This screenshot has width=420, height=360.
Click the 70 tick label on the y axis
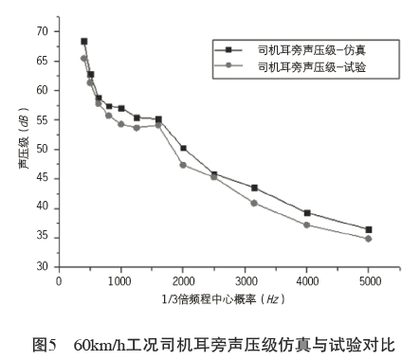click(40, 31)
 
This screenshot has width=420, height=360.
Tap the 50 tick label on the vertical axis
click(40, 150)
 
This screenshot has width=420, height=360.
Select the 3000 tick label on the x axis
click(245, 281)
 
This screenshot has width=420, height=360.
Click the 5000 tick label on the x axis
click(369, 281)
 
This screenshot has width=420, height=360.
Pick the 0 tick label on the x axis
click(59, 281)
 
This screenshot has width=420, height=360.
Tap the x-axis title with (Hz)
click(214, 298)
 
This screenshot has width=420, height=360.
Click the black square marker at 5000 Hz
click(369, 229)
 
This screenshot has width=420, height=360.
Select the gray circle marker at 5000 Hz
click(369, 239)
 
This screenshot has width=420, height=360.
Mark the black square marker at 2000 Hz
click(183, 149)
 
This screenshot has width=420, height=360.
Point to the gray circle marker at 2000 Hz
click(183, 165)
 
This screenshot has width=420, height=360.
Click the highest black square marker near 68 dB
click(84, 42)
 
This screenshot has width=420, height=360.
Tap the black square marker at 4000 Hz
click(307, 213)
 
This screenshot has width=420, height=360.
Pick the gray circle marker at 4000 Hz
click(307, 225)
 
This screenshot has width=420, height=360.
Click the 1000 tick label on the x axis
click(120, 281)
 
